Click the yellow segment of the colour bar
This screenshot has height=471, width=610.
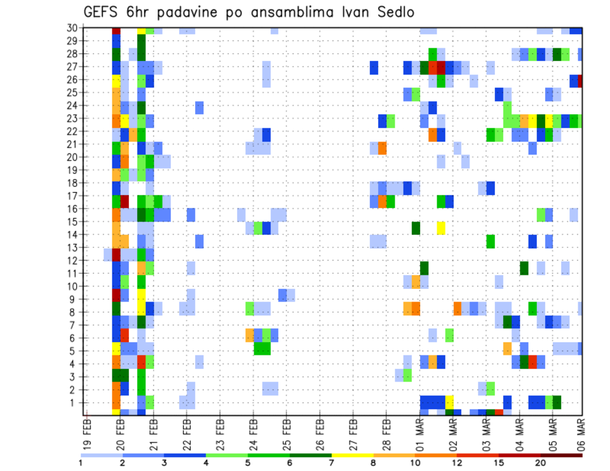click(x=352, y=454)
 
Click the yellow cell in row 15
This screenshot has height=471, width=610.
click(x=441, y=227)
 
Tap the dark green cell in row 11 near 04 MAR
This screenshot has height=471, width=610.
click(x=524, y=268)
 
